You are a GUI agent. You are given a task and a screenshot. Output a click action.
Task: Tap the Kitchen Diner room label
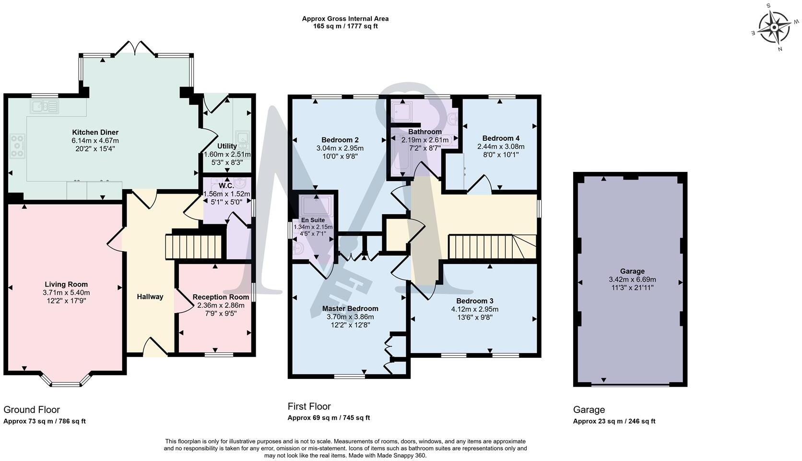click(x=95, y=132)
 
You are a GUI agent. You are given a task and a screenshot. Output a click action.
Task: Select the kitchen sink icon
click(x=45, y=107)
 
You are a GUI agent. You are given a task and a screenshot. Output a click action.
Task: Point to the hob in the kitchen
click(x=17, y=146)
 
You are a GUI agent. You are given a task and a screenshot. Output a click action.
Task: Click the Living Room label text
click(x=66, y=285)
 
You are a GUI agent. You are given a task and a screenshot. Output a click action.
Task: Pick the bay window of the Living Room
click(x=66, y=380)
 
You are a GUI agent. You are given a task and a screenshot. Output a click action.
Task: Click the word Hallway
click(x=150, y=297)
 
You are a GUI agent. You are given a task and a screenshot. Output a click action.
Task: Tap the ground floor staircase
click(x=194, y=247)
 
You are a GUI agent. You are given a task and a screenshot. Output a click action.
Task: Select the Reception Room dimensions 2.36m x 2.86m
click(x=221, y=305)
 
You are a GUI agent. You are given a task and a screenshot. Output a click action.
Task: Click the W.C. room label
click(x=226, y=186)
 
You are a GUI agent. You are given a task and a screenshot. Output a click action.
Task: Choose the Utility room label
click(x=227, y=146)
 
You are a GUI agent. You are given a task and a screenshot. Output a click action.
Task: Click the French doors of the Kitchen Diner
click(x=135, y=48)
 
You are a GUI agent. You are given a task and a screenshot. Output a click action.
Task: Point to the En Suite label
click(x=313, y=220)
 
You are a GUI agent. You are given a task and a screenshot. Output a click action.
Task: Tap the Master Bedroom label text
click(x=350, y=309)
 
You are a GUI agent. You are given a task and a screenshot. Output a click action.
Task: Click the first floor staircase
click(x=492, y=247)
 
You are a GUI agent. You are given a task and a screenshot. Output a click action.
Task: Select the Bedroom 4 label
click(x=501, y=138)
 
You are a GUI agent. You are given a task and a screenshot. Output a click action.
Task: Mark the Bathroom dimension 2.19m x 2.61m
click(x=425, y=140)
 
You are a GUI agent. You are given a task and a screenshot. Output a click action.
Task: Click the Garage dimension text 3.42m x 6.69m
click(x=632, y=279)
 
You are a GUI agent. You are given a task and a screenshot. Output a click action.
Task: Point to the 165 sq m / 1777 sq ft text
click(x=345, y=26)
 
